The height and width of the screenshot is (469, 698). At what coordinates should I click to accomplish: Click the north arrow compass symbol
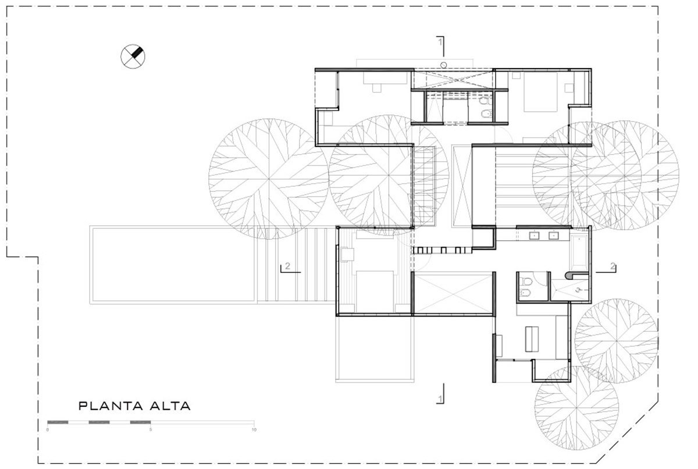[133, 56]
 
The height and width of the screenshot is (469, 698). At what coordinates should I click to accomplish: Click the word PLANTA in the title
[111, 406]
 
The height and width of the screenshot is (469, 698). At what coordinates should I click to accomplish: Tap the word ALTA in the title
[170, 406]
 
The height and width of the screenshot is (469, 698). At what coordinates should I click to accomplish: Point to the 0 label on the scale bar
[47, 430]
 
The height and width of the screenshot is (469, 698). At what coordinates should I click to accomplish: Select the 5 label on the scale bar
[151, 430]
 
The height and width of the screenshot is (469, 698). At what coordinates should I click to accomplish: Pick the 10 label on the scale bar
[254, 430]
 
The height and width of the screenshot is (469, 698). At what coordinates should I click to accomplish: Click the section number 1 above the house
[440, 41]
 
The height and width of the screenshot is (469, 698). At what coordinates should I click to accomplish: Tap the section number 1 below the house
[440, 399]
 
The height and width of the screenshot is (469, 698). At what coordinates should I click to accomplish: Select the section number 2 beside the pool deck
[287, 266]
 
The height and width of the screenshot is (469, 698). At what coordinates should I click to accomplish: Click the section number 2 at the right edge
[612, 266]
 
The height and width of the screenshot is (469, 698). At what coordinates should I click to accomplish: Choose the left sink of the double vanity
[534, 236]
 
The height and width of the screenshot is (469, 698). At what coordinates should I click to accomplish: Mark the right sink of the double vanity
[553, 236]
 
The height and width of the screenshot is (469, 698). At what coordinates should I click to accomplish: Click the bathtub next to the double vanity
[579, 253]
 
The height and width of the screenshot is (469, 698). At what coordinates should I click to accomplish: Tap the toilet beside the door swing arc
[527, 282]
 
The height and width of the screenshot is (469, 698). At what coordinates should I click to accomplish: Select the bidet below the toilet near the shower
[525, 293]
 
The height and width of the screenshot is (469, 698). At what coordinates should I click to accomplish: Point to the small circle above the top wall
[444, 65]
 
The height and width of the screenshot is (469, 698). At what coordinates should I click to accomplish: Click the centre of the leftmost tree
[269, 179]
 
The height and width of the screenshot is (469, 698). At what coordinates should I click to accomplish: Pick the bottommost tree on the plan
[576, 408]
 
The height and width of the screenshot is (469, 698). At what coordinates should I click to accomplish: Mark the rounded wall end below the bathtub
[568, 275]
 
